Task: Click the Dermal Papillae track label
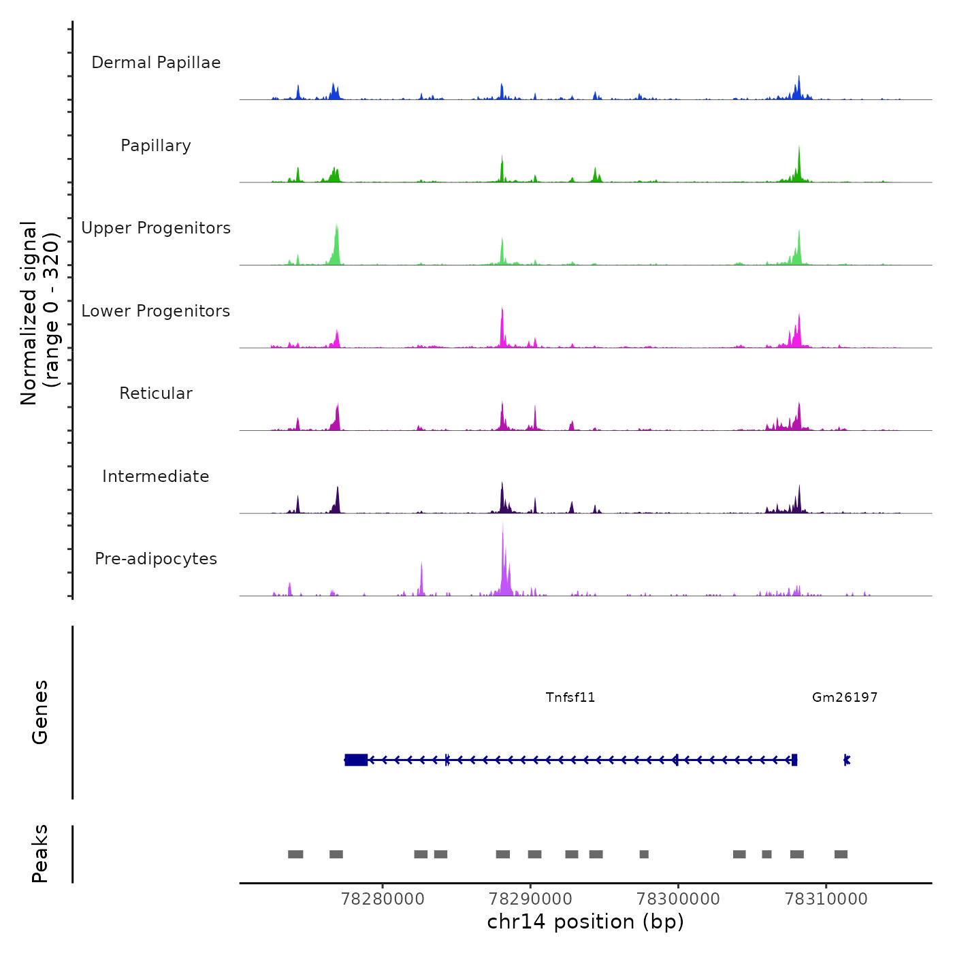156,63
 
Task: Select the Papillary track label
156,146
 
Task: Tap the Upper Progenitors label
156,228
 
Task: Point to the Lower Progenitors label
156,311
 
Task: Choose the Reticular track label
156,393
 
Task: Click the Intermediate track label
156,476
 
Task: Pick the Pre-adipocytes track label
156,559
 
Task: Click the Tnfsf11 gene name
570,697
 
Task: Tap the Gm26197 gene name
845,697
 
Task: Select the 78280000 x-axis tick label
383,899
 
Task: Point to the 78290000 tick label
530,899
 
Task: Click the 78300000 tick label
678,899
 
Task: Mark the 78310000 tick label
826,899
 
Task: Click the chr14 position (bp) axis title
585,922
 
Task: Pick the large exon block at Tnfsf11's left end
356,760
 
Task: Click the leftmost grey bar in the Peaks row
295,854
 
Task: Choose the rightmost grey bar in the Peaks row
841,854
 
